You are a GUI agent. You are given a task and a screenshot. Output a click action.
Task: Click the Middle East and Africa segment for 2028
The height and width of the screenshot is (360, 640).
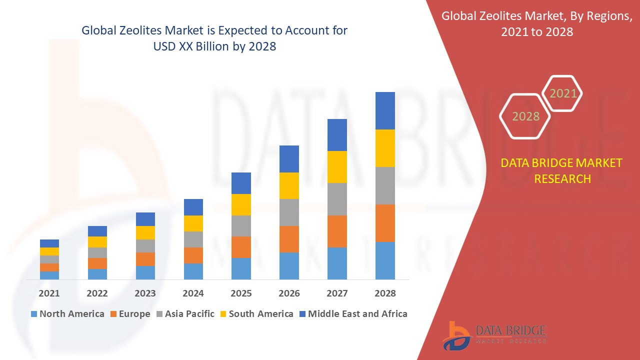pyautogui.click(x=385, y=110)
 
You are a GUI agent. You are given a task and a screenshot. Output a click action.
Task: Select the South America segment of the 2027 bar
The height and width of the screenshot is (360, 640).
pyautogui.click(x=337, y=167)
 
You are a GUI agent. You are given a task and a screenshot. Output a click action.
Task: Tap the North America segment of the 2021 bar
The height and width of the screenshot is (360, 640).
pyautogui.click(x=49, y=275)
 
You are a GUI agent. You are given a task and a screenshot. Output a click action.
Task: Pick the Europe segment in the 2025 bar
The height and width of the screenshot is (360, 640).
pyautogui.click(x=241, y=247)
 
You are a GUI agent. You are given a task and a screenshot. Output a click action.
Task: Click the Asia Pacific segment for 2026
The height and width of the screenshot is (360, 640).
pyautogui.click(x=289, y=212)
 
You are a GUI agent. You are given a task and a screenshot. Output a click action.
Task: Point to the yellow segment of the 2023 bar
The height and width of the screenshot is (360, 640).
pyautogui.click(x=145, y=232)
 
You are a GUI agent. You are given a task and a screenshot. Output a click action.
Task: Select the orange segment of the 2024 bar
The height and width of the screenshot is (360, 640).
pyautogui.click(x=193, y=255)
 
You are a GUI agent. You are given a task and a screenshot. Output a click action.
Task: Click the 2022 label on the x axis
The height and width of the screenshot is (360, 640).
pyautogui.click(x=97, y=293)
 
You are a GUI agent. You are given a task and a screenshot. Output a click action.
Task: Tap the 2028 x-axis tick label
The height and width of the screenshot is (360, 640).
pyautogui.click(x=385, y=293)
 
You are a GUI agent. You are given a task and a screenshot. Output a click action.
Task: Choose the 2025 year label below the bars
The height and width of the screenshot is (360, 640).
pyautogui.click(x=241, y=293)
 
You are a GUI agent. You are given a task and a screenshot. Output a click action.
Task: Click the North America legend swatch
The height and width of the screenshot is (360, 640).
pyautogui.click(x=34, y=314)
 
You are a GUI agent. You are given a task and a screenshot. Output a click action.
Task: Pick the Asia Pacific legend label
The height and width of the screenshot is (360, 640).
pyautogui.click(x=189, y=314)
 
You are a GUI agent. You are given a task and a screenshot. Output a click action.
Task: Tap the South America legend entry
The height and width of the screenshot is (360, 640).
pyautogui.click(x=260, y=314)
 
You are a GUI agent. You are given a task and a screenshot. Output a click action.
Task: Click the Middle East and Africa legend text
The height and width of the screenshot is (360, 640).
pyautogui.click(x=357, y=314)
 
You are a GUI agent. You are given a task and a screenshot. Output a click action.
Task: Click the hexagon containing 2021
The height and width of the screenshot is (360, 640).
pyautogui.click(x=563, y=93)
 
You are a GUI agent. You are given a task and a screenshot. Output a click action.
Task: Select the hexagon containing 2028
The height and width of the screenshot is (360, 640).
pyautogui.click(x=525, y=116)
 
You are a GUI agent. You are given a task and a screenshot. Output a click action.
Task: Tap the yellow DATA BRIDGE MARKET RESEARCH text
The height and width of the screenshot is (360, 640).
pyautogui.click(x=561, y=170)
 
